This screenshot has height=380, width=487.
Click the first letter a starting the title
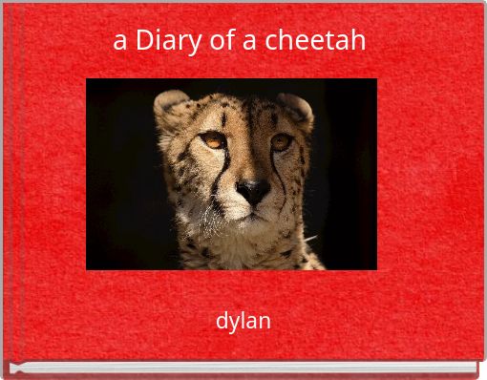point(119,42)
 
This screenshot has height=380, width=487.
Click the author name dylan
point(243,321)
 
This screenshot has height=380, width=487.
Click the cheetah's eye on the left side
point(213,139)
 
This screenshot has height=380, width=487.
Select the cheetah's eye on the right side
point(280,141)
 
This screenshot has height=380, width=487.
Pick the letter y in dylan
point(233,323)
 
